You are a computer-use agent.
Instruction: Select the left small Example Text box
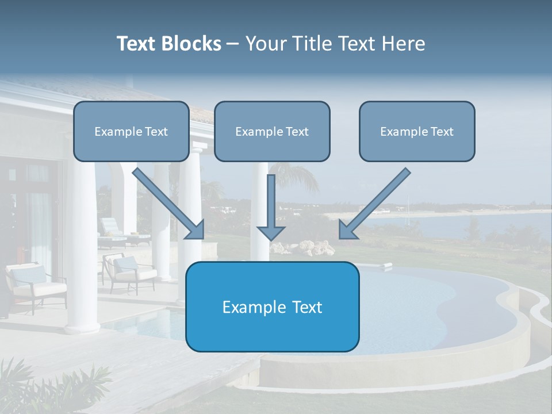(131, 131)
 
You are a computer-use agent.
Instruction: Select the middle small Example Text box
(272, 131)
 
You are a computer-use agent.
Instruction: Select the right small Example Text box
(417, 131)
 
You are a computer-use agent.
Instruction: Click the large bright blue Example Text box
(272, 306)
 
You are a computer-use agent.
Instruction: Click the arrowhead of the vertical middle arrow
(271, 232)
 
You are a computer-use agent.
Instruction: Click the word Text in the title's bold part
(139, 44)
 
